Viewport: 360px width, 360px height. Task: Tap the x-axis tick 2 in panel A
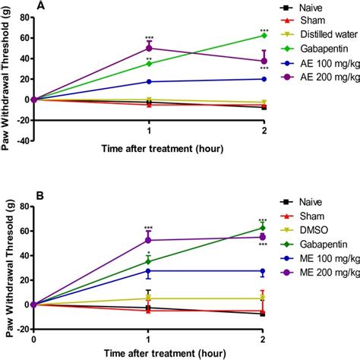(x=264, y=150)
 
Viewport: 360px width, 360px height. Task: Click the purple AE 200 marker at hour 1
(x=148, y=48)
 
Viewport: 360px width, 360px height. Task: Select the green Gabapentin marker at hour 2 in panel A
(x=264, y=35)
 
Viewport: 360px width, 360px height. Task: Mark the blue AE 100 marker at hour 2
(x=264, y=79)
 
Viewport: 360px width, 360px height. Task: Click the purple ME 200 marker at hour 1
(x=148, y=240)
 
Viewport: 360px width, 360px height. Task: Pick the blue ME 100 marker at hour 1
(x=148, y=270)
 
